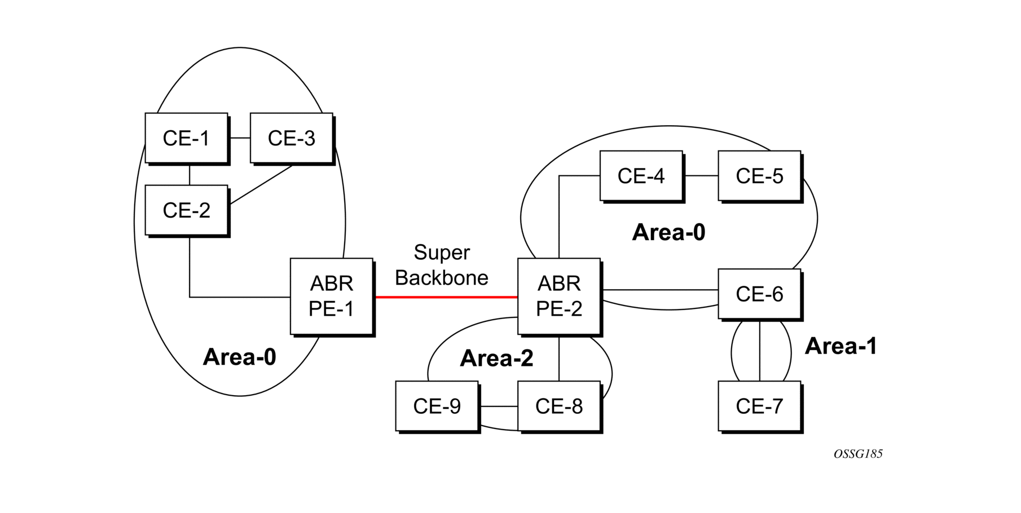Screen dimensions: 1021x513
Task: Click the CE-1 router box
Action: coord(187,138)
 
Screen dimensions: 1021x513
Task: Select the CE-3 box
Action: coord(292,138)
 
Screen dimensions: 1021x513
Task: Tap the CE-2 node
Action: coord(187,210)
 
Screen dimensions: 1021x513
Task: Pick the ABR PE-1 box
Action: coord(332,297)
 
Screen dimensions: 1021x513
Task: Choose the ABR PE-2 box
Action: coord(559,297)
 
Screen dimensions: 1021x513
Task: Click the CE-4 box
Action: coord(641,176)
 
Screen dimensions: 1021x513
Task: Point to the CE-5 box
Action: coord(760,176)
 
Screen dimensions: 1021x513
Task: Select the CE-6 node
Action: coord(760,294)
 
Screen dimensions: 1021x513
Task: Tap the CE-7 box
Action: coord(760,406)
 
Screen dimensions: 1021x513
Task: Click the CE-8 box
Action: coord(559,406)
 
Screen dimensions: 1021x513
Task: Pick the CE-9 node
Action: coord(437,406)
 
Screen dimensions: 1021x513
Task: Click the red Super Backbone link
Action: coord(446,297)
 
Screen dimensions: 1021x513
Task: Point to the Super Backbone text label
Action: coord(442,265)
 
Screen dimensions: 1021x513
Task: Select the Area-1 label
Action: coord(840,346)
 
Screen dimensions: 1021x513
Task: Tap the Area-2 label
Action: coord(496,359)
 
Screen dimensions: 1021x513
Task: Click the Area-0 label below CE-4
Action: coord(668,232)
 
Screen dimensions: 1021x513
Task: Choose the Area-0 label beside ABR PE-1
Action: coord(239,357)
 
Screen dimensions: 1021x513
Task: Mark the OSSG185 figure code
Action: coord(858,454)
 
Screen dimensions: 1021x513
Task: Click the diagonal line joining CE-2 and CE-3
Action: coord(261,184)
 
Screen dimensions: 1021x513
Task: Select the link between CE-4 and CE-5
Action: coord(701,176)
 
